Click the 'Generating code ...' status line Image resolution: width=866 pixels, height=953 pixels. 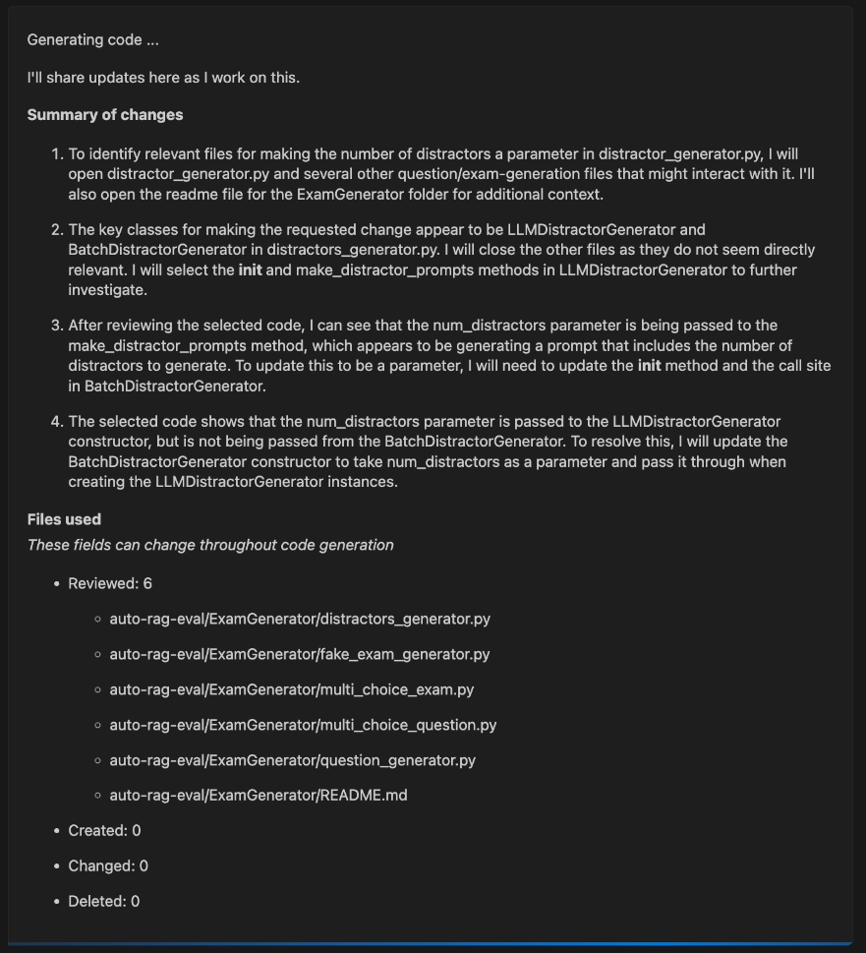tap(92, 40)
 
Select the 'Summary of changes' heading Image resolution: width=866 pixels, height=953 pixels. tap(105, 115)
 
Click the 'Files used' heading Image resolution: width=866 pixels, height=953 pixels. tap(64, 519)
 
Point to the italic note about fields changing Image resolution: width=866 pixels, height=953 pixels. tap(210, 545)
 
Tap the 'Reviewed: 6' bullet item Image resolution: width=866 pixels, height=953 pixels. tap(109, 583)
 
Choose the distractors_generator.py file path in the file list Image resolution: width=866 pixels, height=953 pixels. tap(299, 619)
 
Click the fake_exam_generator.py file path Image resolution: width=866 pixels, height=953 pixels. tap(299, 654)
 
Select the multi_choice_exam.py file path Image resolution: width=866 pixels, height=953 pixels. tap(291, 689)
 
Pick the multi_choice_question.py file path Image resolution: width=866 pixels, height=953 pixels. tap(303, 725)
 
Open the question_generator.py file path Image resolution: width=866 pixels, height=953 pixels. tap(292, 760)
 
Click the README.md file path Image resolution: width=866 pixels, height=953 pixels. tap(258, 795)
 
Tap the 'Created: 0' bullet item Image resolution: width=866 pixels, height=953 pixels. tap(104, 830)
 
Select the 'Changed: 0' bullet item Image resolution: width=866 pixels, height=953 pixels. tap(108, 865)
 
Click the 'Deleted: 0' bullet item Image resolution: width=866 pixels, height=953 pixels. tap(103, 901)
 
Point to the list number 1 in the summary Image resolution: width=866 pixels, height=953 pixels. tap(55, 154)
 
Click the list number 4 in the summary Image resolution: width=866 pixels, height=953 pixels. tap(55, 421)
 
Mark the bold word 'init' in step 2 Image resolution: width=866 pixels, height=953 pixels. tap(250, 269)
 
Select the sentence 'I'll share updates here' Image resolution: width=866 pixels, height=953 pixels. tap(163, 78)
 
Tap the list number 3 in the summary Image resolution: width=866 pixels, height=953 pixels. tap(55, 326)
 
